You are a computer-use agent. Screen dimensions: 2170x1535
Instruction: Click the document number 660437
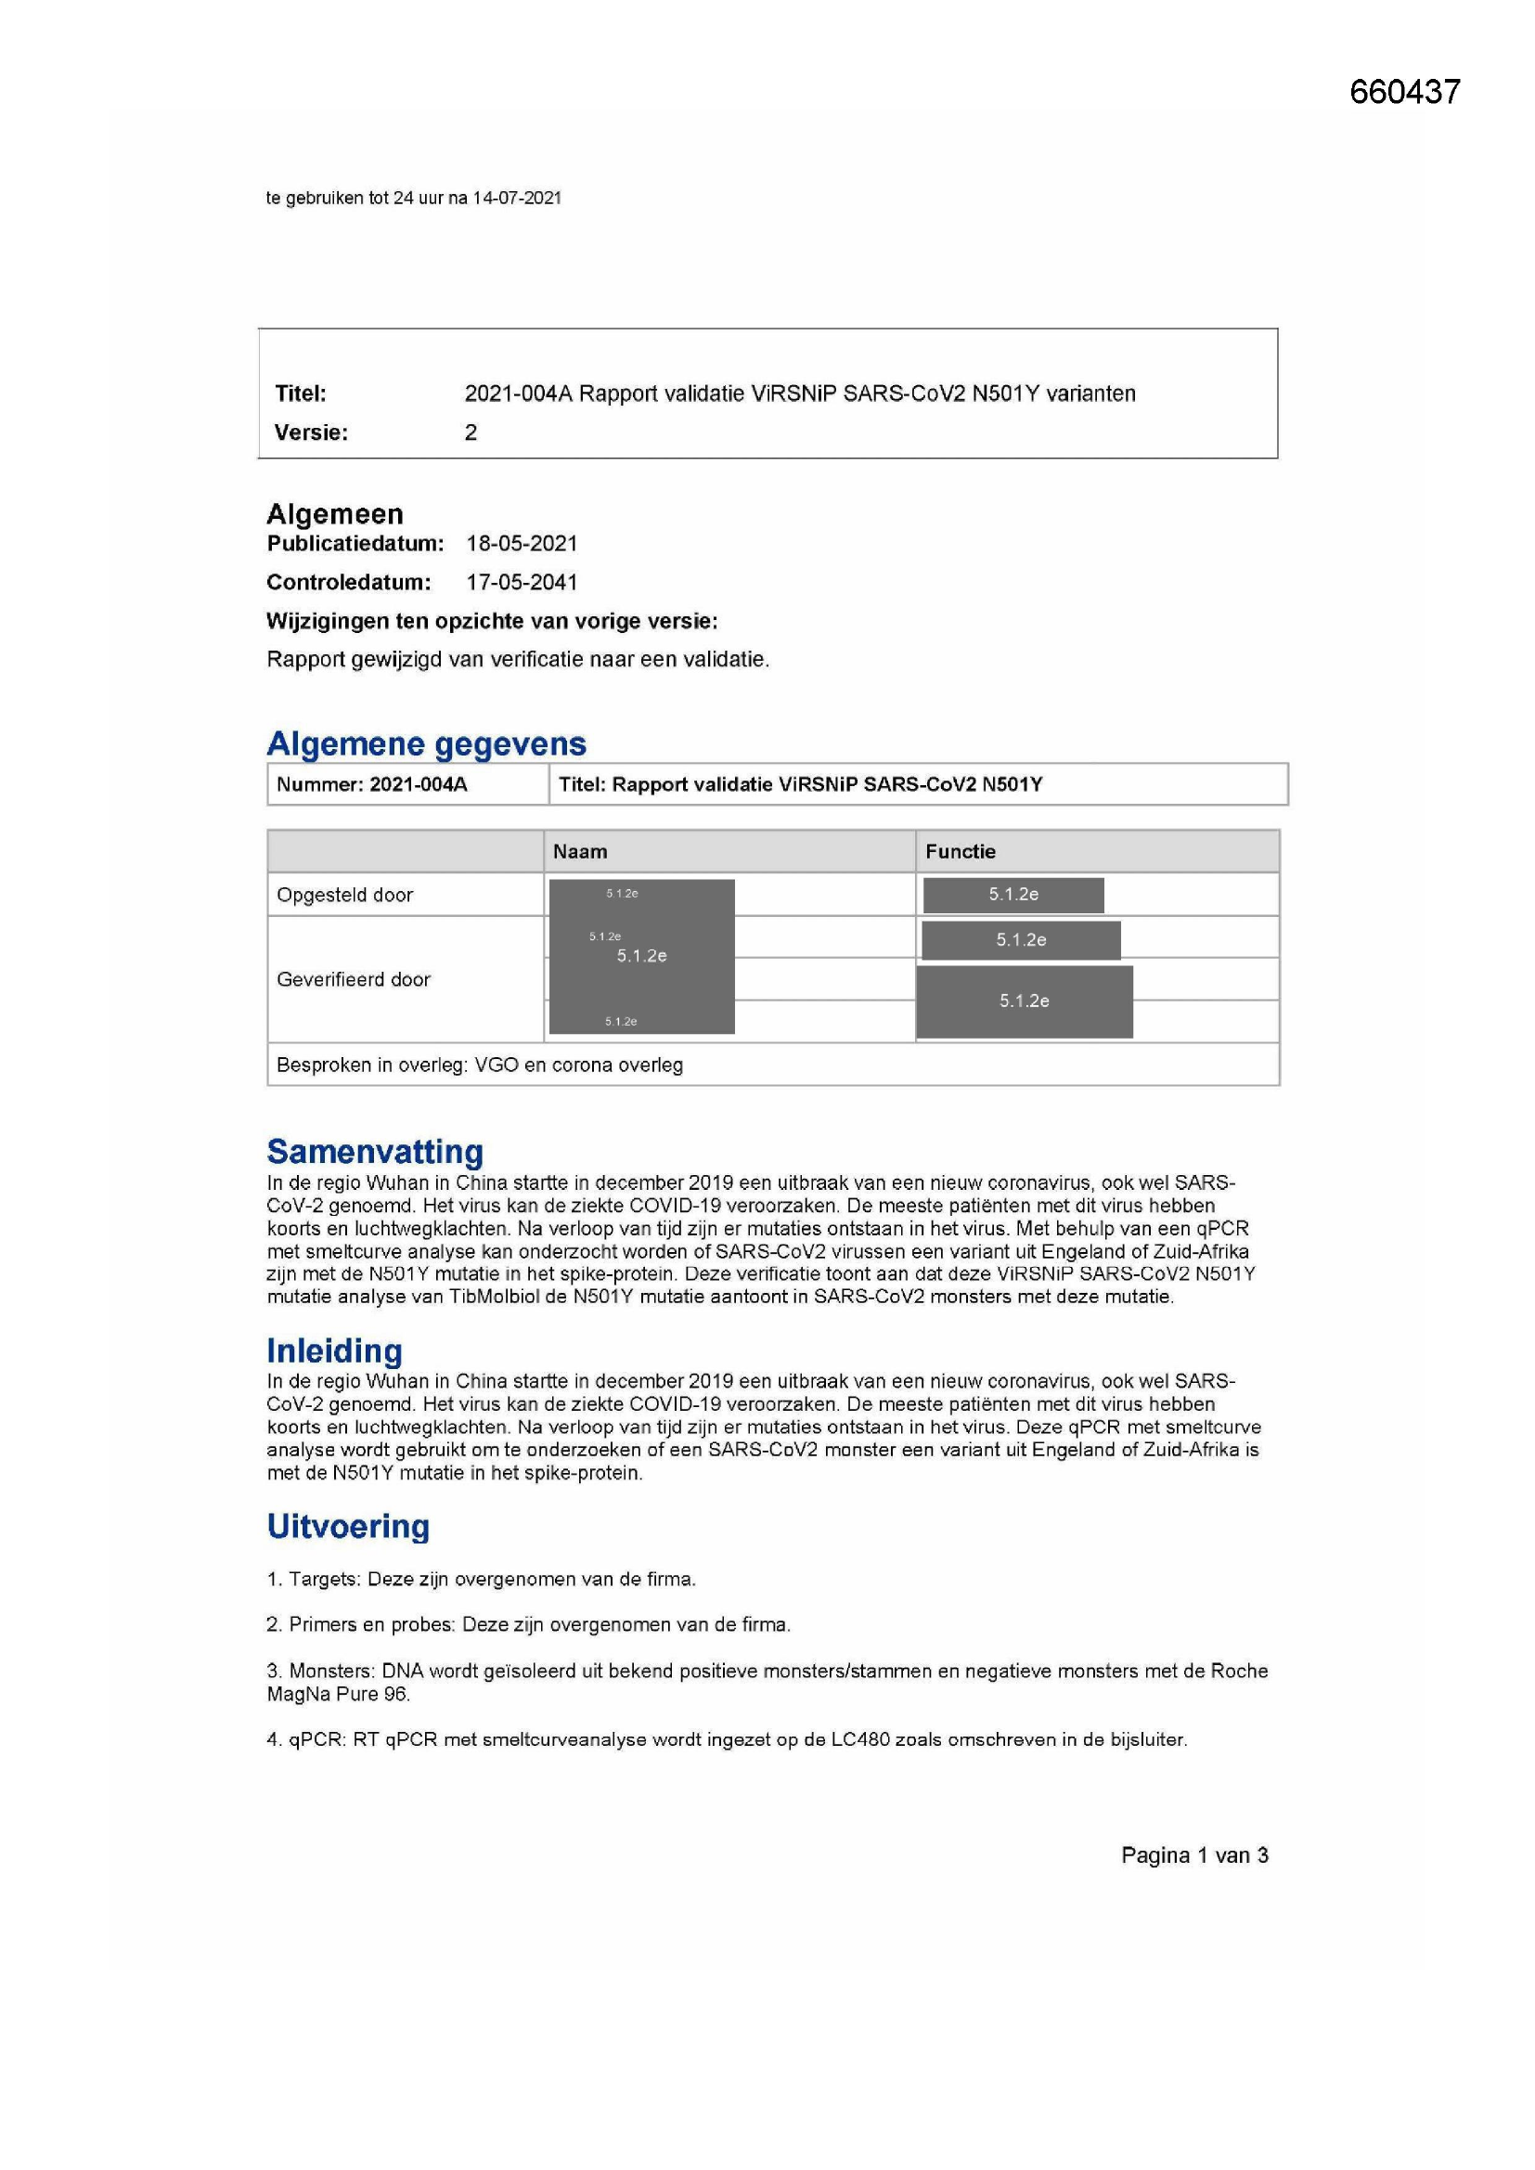[1404, 92]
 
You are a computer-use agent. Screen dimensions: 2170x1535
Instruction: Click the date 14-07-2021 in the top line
[517, 199]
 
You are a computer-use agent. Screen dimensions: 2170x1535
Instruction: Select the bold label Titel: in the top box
[301, 394]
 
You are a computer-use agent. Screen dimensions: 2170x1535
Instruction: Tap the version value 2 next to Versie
[471, 433]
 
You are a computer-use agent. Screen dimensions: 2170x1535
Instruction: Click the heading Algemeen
[335, 514]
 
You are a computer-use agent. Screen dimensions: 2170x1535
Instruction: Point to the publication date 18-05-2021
[522, 544]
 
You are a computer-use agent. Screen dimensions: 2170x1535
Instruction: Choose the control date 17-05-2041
[522, 582]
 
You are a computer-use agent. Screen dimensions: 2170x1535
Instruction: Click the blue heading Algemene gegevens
[426, 743]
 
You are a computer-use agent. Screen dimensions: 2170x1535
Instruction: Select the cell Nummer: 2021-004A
[371, 784]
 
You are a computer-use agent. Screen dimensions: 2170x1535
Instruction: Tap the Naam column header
[579, 851]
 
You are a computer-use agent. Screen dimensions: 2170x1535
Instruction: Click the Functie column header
[961, 851]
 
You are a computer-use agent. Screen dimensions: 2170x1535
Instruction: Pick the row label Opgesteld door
[345, 895]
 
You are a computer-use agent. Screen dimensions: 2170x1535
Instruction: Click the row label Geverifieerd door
[354, 980]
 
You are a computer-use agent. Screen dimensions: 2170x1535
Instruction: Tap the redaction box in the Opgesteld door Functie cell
[1013, 895]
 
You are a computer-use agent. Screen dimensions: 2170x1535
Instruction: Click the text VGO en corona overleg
[578, 1066]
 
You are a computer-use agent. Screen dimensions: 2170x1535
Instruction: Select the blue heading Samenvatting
[374, 1151]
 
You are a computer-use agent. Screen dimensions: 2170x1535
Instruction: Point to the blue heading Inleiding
[335, 1350]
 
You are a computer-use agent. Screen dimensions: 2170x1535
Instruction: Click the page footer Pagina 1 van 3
[1194, 1855]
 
